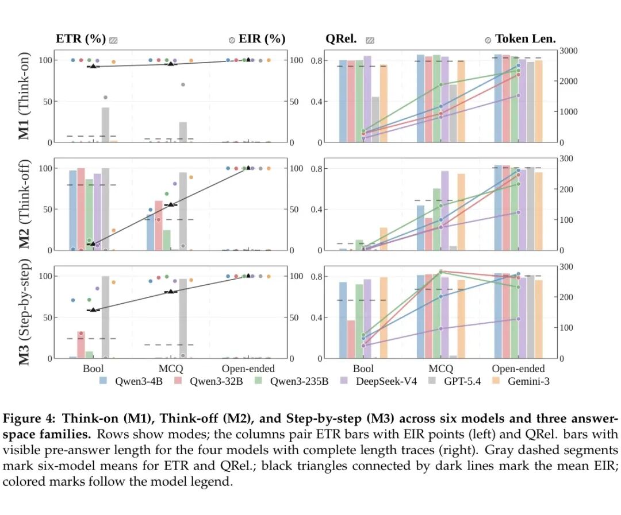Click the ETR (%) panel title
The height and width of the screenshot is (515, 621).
tap(81, 39)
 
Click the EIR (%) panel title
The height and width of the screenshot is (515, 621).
tap(262, 39)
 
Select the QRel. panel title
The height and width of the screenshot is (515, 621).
tap(341, 39)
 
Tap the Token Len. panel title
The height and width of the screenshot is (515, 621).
tap(526, 39)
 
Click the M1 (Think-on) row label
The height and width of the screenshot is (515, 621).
tap(24, 96)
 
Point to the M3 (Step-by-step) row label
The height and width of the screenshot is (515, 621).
tap(24, 312)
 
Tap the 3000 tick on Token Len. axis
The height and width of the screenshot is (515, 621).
tap(568, 51)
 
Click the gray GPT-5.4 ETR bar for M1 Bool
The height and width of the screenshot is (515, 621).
tap(105, 125)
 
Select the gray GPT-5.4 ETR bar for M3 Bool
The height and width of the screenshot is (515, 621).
tap(105, 317)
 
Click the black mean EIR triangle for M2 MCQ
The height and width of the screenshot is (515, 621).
tap(171, 204)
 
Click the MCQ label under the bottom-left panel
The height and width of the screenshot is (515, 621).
tap(171, 369)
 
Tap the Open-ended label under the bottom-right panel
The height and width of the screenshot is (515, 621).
tap(518, 369)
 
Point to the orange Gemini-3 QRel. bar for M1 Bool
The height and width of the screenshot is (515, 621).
tap(384, 104)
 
